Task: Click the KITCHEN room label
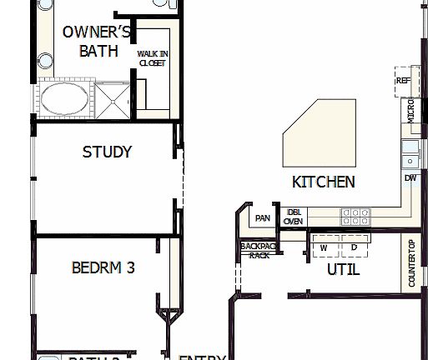tap(324, 182)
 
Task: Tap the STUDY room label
tap(107, 152)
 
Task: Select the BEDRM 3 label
tap(103, 268)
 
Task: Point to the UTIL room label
tap(343, 269)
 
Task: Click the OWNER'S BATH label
tap(98, 42)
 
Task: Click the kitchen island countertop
tap(320, 133)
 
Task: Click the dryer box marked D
tap(354, 247)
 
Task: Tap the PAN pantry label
tap(263, 218)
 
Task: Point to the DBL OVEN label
tap(293, 217)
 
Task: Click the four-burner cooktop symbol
tap(355, 217)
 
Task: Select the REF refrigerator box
tap(404, 81)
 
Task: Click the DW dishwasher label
tap(410, 178)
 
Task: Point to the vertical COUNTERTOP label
tap(411, 263)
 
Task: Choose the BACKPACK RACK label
tap(254, 250)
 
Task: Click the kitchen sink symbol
tap(410, 153)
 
